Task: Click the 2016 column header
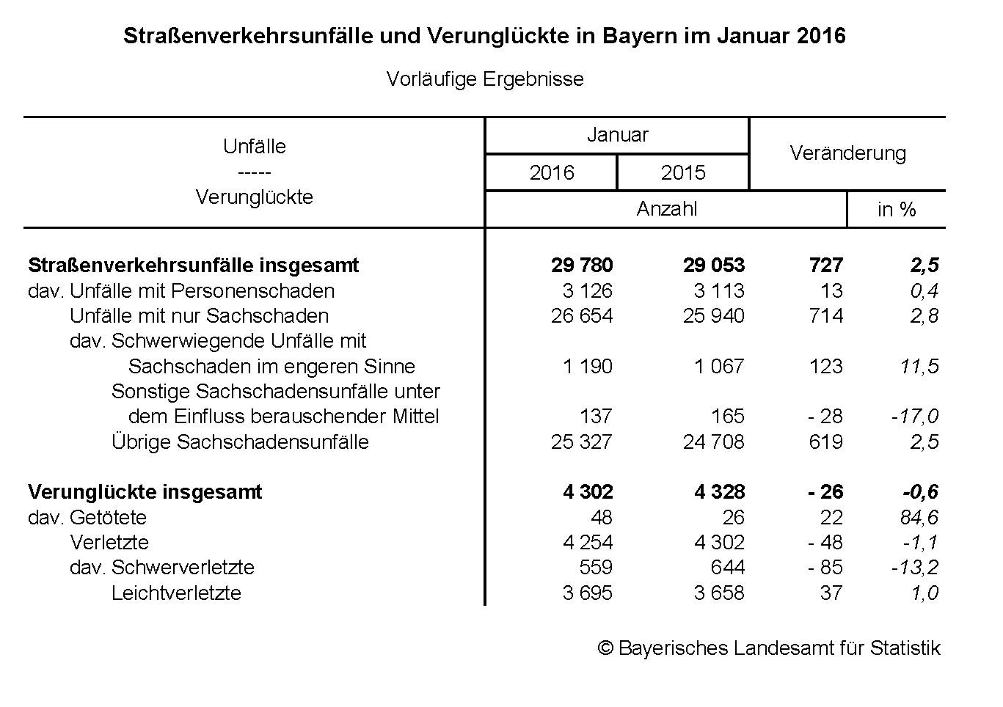(x=551, y=172)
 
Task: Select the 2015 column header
(x=682, y=172)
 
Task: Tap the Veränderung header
(x=847, y=153)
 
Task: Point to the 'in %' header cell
(x=896, y=210)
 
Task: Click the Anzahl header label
(x=666, y=209)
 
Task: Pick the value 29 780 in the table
(x=582, y=265)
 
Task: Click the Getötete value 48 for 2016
(x=601, y=517)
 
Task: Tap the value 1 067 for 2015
(x=719, y=366)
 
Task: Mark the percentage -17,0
(x=914, y=417)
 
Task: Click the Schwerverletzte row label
(x=183, y=568)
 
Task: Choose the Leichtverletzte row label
(x=176, y=593)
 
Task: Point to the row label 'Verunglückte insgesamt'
(x=145, y=491)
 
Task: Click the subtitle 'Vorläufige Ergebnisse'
(x=485, y=79)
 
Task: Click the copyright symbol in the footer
(x=605, y=648)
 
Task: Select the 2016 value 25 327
(x=581, y=442)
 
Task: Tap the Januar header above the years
(x=617, y=135)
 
